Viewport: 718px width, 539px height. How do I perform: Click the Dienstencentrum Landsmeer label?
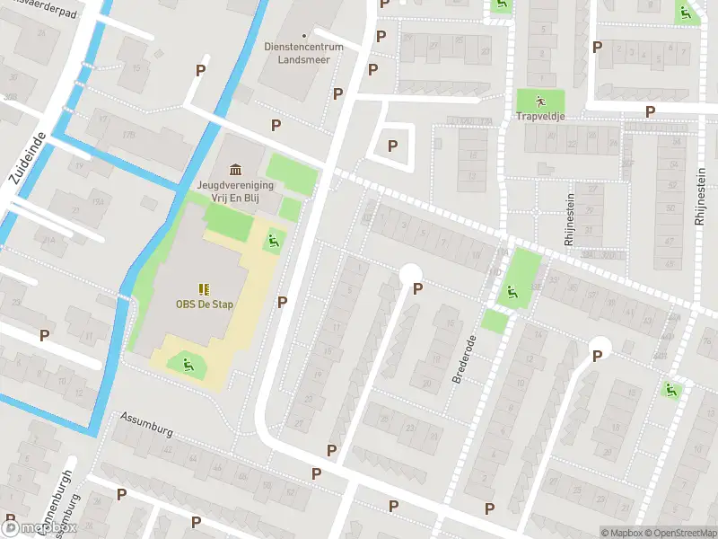point(296,52)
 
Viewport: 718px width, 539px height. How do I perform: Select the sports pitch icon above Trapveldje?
point(540,101)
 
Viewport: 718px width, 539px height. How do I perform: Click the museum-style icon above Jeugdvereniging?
point(236,170)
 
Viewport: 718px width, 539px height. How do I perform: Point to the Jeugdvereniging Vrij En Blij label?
point(236,191)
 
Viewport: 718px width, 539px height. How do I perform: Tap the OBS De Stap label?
point(204,304)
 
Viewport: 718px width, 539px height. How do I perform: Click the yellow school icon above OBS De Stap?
point(204,288)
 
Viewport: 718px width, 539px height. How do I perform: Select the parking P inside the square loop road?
point(391,146)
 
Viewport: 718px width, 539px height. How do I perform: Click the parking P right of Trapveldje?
point(650,110)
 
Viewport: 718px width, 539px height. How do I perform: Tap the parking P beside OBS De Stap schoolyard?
point(282,302)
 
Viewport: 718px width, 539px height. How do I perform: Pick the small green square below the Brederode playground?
point(495,320)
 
